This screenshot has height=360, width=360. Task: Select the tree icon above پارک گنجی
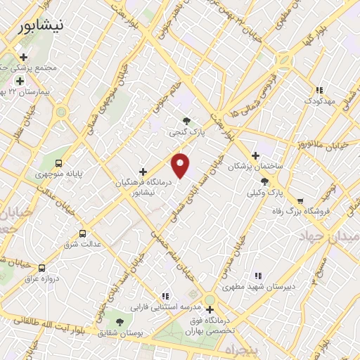tap(186, 121)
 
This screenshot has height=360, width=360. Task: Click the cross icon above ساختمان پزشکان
tap(255, 155)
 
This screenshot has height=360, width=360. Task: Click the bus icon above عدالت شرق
tap(82, 233)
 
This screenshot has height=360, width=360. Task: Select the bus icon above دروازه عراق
tap(41, 268)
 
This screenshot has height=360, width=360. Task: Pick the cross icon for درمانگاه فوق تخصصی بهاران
tap(209, 309)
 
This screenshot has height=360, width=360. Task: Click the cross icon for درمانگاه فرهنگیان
tap(143, 171)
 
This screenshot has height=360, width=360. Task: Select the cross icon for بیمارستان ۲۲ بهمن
tap(20, 81)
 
